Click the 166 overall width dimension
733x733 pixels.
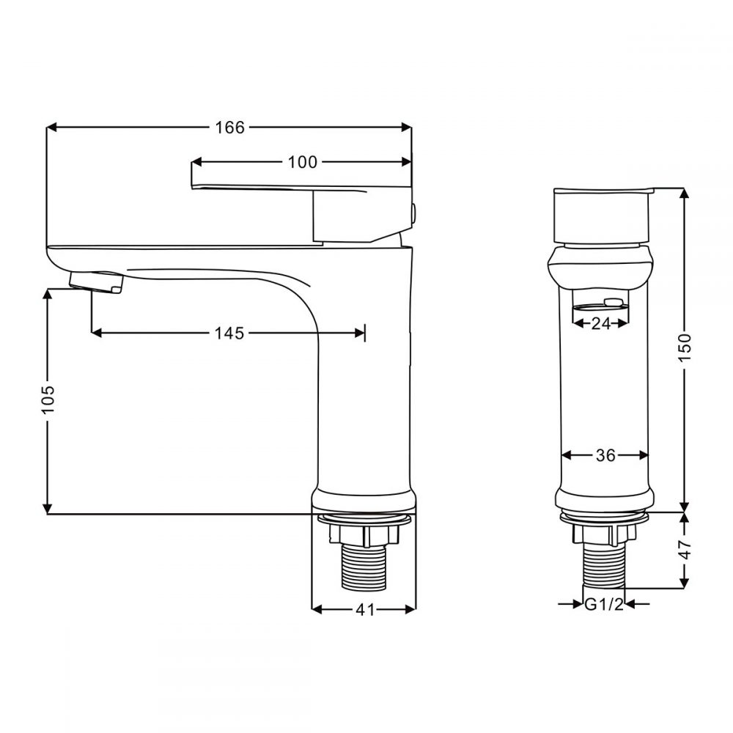click(x=229, y=128)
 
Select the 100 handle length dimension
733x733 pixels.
click(x=303, y=162)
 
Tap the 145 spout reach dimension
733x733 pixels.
click(x=229, y=334)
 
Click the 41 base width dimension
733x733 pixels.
click(x=365, y=609)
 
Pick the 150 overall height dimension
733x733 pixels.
click(x=685, y=347)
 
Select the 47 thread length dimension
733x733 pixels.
click(x=685, y=550)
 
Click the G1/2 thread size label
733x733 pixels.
click(x=603, y=605)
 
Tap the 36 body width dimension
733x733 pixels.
click(x=605, y=455)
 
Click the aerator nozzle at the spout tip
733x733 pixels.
click(x=95, y=281)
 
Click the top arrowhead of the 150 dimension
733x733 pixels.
click(x=685, y=193)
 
